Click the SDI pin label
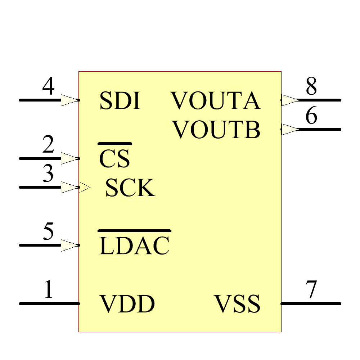pyautogui.click(x=119, y=101)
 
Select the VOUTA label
pyautogui.click(x=215, y=101)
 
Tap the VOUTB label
pyautogui.click(x=216, y=130)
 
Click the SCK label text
pyautogui.click(x=130, y=188)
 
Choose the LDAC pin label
pyautogui.click(x=134, y=246)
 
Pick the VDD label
pyautogui.click(x=127, y=304)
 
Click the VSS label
pyautogui.click(x=237, y=304)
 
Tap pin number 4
pyautogui.click(x=48, y=87)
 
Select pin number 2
pyautogui.click(x=48, y=145)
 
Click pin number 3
pyautogui.click(x=48, y=174)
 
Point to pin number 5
pyautogui.click(x=48, y=232)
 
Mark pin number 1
pyautogui.click(x=48, y=290)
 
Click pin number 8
pyautogui.click(x=311, y=87)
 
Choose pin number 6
pyautogui.click(x=311, y=116)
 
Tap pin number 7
pyautogui.click(x=311, y=290)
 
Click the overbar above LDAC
pyautogui.click(x=134, y=230)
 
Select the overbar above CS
pyautogui.click(x=114, y=144)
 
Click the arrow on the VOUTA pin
pyautogui.click(x=289, y=100)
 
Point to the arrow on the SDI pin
pyautogui.click(x=69, y=100)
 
